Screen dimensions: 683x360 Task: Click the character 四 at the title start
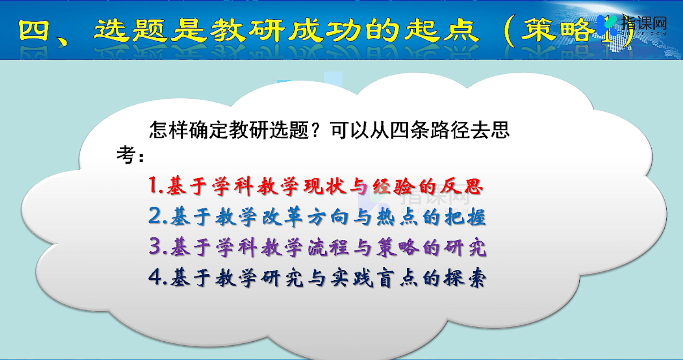[34, 30]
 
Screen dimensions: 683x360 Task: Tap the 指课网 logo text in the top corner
[644, 23]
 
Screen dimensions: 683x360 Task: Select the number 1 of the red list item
[153, 185]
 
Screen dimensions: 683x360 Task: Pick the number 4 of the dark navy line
[156, 277]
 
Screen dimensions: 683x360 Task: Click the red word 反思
[462, 186]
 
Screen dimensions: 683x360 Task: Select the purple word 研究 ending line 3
[465, 247]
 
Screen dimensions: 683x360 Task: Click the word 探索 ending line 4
[465, 278]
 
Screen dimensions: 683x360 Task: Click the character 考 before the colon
[126, 155]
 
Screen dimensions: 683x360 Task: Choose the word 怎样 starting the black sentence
[168, 130]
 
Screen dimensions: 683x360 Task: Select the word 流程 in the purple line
[328, 247]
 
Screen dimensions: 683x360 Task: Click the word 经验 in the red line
[394, 186]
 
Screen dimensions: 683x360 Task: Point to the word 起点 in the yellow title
[442, 30]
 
